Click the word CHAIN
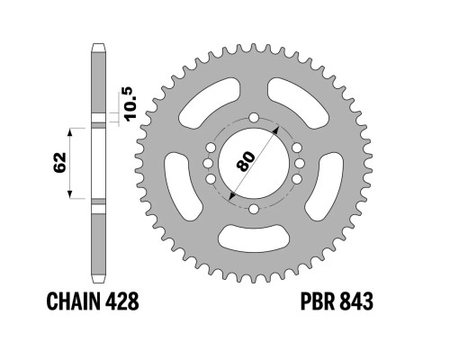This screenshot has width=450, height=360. click(x=74, y=301)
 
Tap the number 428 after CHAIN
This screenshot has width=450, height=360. click(x=122, y=301)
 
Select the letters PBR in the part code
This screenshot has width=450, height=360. click(x=318, y=301)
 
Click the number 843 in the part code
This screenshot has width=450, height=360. click(x=356, y=301)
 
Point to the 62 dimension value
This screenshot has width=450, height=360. click(x=59, y=162)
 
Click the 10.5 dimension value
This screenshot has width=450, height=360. click(x=130, y=104)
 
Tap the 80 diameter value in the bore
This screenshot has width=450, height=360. click(x=246, y=161)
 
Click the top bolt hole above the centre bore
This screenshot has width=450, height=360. click(x=254, y=118)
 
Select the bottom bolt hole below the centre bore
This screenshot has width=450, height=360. click(x=254, y=209)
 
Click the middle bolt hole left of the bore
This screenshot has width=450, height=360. click(x=208, y=164)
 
